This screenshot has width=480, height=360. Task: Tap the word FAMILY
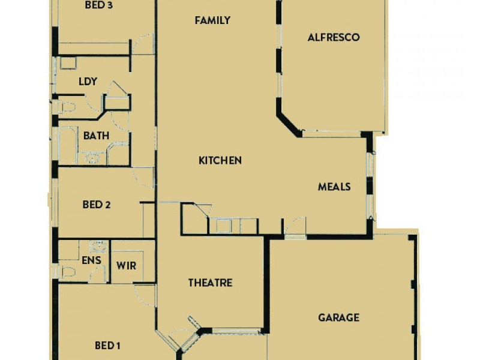212,20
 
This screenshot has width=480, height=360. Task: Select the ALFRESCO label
333,37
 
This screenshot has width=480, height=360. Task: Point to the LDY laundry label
88,82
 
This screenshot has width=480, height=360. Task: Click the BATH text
96,136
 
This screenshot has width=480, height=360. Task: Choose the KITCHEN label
220,160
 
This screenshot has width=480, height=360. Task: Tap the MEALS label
334,187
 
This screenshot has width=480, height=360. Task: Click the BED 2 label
96,205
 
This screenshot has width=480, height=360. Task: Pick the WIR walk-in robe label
125,265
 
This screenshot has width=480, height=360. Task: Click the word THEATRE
210,283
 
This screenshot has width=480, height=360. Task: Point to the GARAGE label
338,317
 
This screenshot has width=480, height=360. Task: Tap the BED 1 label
108,346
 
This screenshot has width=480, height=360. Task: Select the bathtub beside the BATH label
67,145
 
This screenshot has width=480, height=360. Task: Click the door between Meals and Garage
295,228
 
